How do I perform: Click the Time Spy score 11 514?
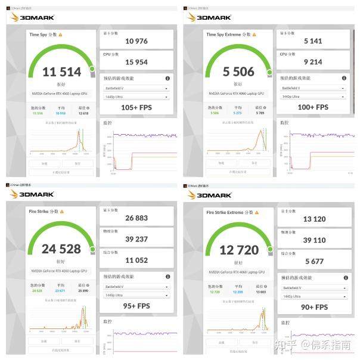(x=61, y=72)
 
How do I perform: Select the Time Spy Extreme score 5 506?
(x=238, y=72)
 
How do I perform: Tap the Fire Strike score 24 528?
(x=61, y=249)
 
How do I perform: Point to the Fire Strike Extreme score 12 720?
(x=238, y=250)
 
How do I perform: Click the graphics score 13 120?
(x=314, y=219)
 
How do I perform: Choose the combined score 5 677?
(x=314, y=260)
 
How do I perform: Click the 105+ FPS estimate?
(x=136, y=107)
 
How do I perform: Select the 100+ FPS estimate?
(x=314, y=107)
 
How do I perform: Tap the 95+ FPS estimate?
(x=136, y=306)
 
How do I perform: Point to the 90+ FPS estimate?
(x=314, y=307)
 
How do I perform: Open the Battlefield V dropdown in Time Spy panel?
(x=136, y=88)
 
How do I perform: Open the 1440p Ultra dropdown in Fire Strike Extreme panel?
(x=314, y=296)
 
